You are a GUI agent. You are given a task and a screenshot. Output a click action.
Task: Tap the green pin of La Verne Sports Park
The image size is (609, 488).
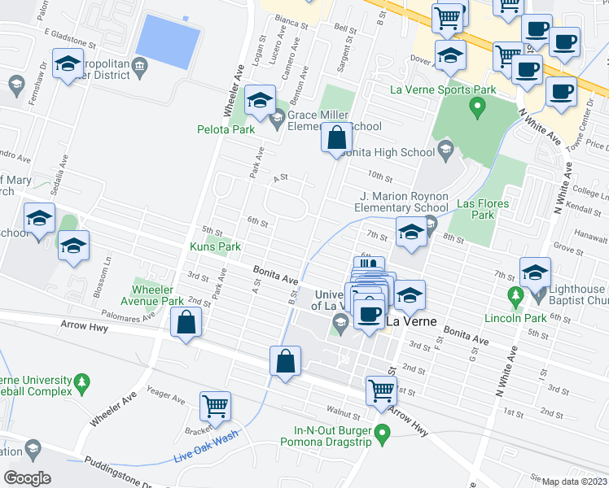(x=478, y=106)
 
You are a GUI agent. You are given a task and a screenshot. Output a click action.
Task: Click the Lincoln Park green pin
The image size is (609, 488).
(x=515, y=294)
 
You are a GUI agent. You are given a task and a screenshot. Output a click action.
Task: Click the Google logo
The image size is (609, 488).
(x=27, y=478)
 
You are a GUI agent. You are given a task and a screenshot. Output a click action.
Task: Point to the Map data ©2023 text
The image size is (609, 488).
(x=575, y=481)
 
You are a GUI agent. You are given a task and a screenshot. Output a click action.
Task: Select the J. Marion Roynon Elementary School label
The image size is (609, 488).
(x=404, y=201)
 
